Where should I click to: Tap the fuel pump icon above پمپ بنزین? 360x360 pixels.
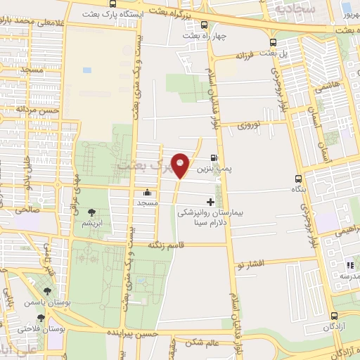pyautogui.click(x=214, y=158)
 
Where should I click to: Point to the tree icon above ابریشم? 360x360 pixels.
pyautogui.click(x=91, y=212)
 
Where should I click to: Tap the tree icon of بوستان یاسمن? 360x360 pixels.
pyautogui.click(x=47, y=290)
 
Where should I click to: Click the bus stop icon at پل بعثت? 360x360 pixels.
pyautogui.click(x=273, y=42)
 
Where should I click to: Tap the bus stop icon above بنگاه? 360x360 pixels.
pyautogui.click(x=300, y=179)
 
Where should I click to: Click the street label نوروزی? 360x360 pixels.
pyautogui.click(x=248, y=126)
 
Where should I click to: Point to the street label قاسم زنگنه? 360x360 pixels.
pyautogui.click(x=166, y=245)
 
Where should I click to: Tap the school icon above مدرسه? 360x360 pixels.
pyautogui.click(x=349, y=265)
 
